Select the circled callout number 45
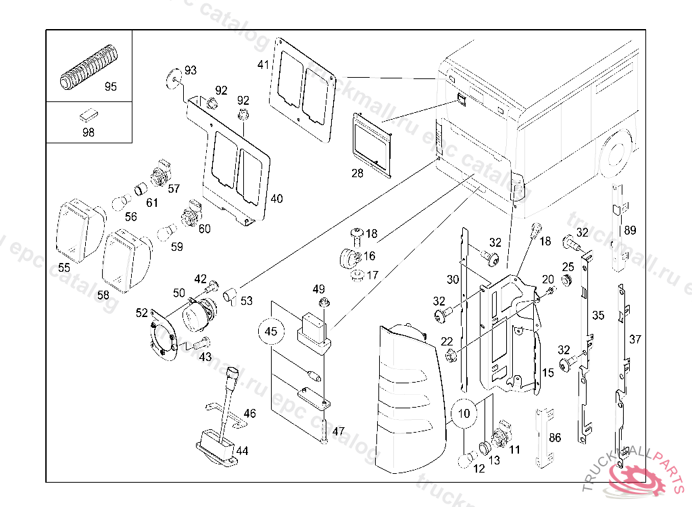[x=271, y=331]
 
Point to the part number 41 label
[x=264, y=65]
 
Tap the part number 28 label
[x=357, y=173]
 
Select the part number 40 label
[x=277, y=199]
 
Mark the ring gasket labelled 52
[x=162, y=334]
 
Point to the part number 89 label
[x=630, y=231]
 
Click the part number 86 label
[x=555, y=438]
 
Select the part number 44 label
[x=242, y=450]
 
